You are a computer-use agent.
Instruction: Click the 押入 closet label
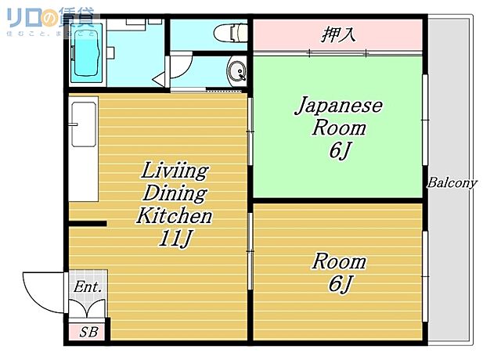(339, 34)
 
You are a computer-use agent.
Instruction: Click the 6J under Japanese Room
(338, 151)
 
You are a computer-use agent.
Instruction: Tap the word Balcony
(452, 183)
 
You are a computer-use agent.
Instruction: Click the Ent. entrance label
(87, 288)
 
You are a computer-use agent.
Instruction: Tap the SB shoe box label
(88, 332)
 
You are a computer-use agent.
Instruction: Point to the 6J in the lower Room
(338, 285)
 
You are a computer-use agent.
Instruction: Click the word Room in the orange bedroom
(339, 261)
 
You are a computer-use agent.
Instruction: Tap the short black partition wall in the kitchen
(87, 225)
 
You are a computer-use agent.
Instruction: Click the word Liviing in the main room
(174, 171)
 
